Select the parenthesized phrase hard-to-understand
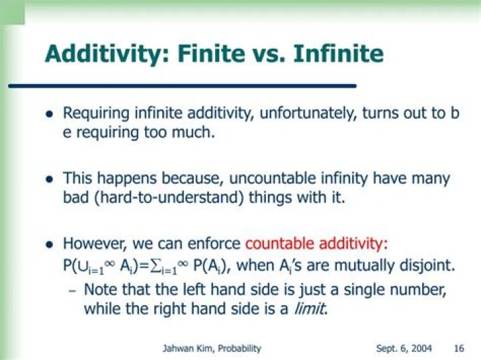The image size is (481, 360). coord(169,198)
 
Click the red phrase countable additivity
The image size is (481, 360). coord(317,244)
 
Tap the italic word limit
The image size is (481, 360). coord(311,309)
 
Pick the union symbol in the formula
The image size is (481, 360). coord(83,266)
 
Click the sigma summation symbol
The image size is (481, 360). coord(154,266)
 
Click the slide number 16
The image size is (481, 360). coord(459,349)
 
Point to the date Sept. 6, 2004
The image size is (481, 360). coord(404,349)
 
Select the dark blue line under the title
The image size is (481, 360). coord(182,86)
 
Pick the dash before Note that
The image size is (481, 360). coord(72,291)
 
